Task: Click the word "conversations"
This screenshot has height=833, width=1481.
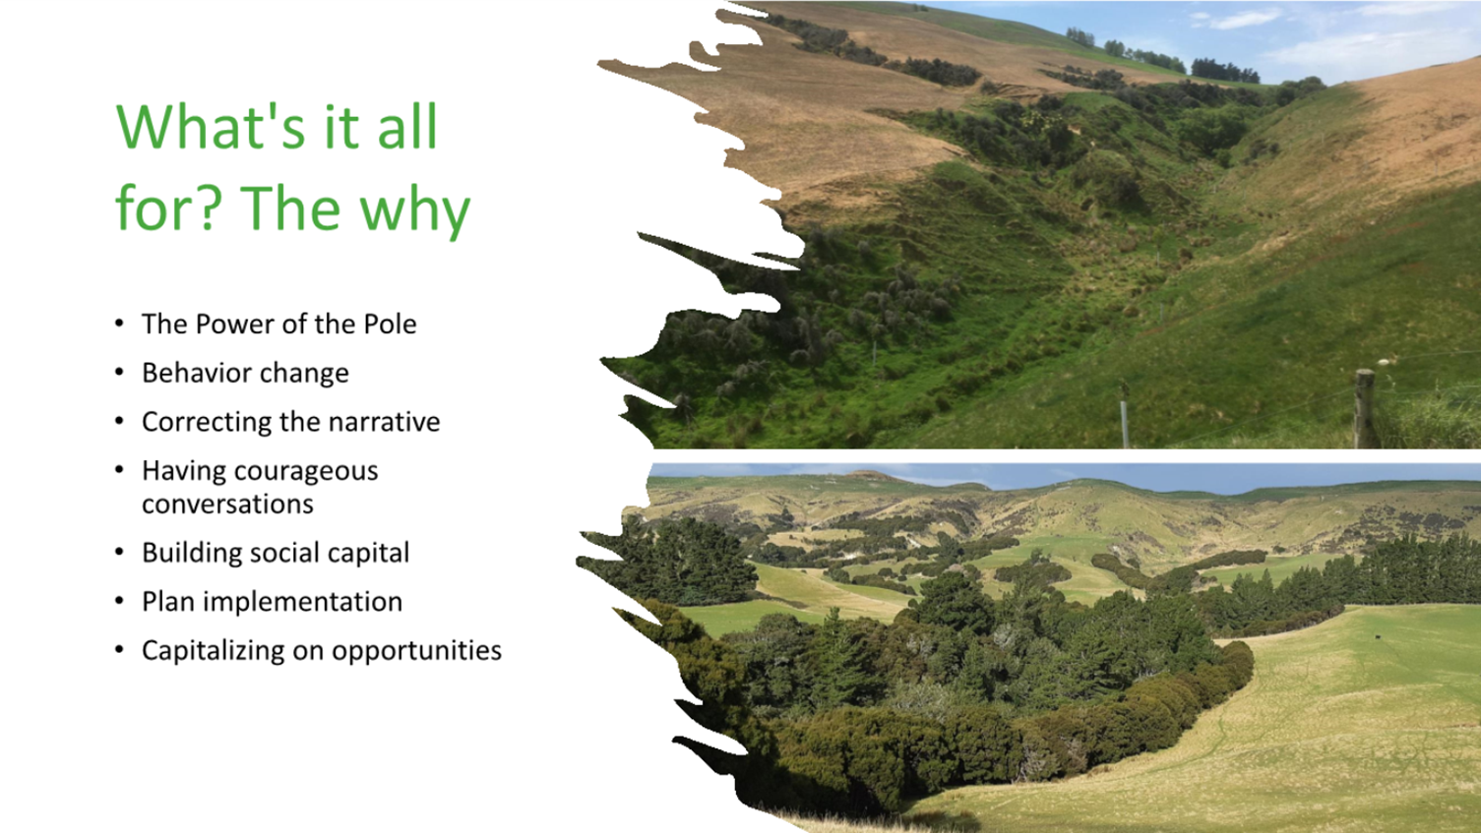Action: point(227,504)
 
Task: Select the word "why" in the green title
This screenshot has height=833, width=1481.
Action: point(414,210)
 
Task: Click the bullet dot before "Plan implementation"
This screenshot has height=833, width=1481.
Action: point(119,601)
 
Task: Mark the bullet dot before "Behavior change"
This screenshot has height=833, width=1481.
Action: point(119,373)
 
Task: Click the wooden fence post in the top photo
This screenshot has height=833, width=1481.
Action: point(1364,409)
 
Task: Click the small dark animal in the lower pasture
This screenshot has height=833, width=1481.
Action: point(1380,637)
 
